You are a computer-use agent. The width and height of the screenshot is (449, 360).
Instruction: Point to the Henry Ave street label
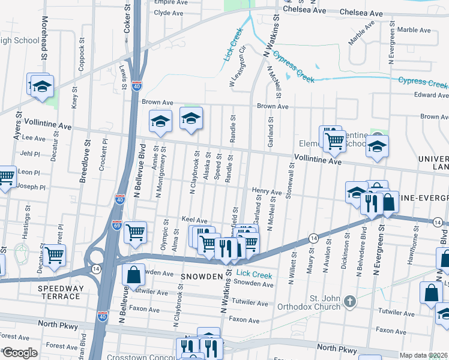click(x=267, y=192)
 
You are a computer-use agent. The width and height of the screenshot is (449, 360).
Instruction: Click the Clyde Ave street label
click(x=168, y=13)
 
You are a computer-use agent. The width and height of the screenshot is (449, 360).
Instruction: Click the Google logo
click(x=20, y=353)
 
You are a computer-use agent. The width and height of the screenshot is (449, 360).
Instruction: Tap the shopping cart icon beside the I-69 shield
click(x=135, y=232)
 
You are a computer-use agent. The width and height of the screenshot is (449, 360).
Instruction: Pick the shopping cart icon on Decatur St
click(x=54, y=254)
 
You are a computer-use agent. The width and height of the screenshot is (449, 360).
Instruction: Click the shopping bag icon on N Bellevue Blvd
click(x=133, y=275)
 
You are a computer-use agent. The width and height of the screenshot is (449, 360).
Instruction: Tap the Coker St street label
click(x=127, y=20)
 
